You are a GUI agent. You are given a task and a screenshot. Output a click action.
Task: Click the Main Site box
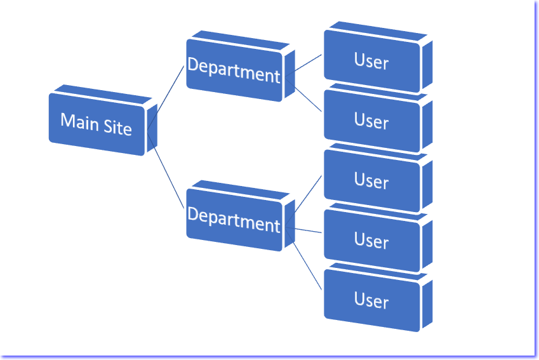point(97,123)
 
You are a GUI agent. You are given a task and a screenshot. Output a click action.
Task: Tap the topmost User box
point(371,61)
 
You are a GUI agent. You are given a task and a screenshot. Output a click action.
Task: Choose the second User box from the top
point(371,120)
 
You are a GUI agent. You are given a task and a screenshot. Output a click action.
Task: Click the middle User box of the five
point(371,180)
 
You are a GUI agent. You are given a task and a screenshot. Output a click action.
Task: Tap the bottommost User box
point(371,300)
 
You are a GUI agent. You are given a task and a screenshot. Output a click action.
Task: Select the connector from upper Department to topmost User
point(304,65)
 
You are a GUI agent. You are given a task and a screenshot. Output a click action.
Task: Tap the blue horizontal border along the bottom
point(267,357)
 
